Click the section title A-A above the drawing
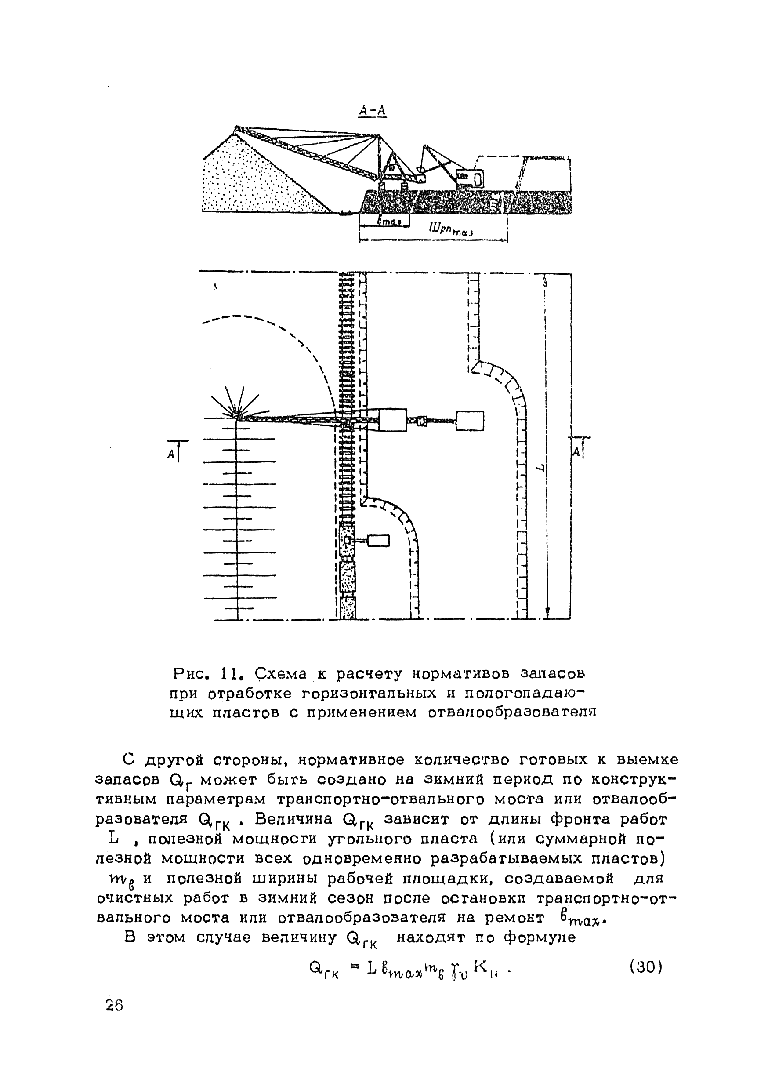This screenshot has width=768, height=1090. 373,111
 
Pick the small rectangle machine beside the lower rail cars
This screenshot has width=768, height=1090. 378,540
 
